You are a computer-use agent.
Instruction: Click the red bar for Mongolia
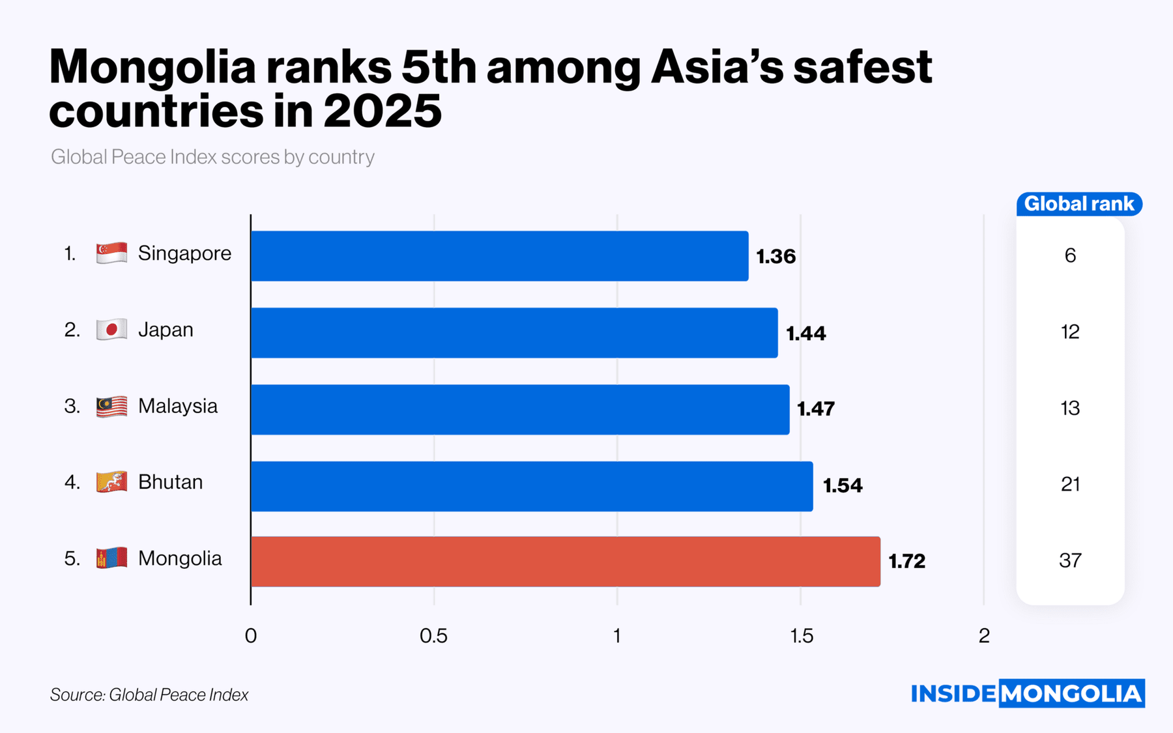(565, 562)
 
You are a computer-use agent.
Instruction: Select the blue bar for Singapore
(499, 256)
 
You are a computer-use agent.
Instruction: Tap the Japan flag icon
(111, 330)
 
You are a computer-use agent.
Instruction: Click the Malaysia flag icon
(111, 407)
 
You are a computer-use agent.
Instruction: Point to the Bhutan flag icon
(111, 482)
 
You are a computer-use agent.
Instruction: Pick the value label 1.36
(775, 257)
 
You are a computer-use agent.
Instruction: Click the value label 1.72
(906, 561)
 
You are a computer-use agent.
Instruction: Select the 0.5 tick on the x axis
(434, 636)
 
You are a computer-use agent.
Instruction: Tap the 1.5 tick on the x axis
(801, 636)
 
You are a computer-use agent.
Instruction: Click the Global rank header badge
(1079, 204)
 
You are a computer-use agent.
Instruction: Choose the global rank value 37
(1070, 560)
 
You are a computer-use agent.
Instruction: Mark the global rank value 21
(1070, 484)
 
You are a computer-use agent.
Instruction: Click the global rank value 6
(1070, 255)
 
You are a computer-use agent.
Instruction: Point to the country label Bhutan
(170, 482)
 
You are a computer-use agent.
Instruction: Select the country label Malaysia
(177, 407)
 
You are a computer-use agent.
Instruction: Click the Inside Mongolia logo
(1027, 693)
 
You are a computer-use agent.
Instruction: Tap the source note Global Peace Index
(149, 695)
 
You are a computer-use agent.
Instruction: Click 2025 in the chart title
(382, 111)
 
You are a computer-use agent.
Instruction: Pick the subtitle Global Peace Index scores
(212, 157)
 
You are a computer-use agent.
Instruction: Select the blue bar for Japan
(514, 333)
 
